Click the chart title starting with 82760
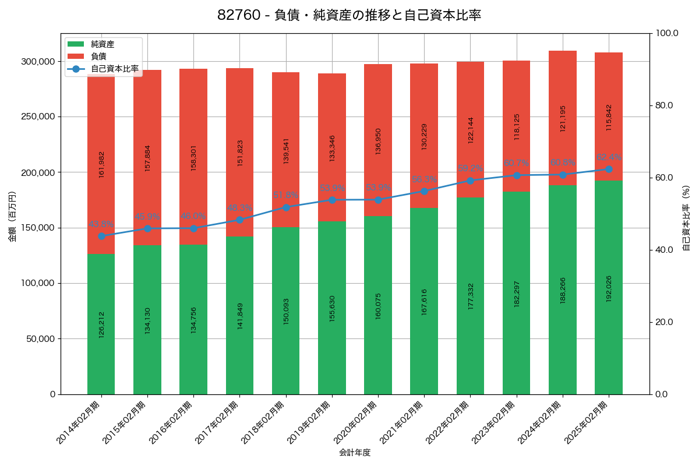coord(349,16)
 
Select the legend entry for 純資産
coord(103,44)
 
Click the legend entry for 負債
coord(98,57)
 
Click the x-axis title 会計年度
coord(355,452)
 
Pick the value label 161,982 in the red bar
coord(101,164)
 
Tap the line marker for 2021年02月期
coord(424,191)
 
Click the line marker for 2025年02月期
coord(609,169)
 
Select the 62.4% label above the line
coord(609,157)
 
